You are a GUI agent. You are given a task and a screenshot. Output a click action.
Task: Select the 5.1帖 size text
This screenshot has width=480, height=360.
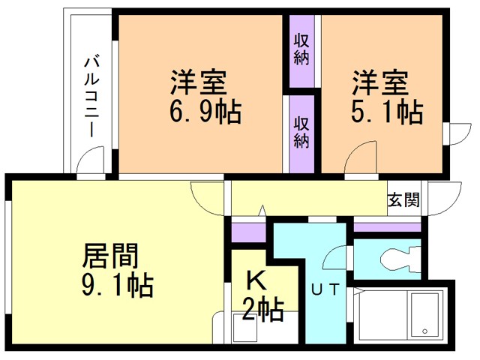point(388,112)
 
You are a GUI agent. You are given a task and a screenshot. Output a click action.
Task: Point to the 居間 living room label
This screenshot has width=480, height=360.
point(110,257)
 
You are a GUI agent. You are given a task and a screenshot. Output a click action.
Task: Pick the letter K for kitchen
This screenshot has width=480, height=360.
point(256,281)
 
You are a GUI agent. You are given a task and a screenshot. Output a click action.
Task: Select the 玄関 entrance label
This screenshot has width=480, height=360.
point(403,200)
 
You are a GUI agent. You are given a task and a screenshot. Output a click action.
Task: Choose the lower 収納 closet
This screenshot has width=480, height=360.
point(301,131)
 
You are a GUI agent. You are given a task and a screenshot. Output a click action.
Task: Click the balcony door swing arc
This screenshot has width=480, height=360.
point(91,160)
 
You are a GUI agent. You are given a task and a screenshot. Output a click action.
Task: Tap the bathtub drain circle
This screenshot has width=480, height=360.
point(424,331)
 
